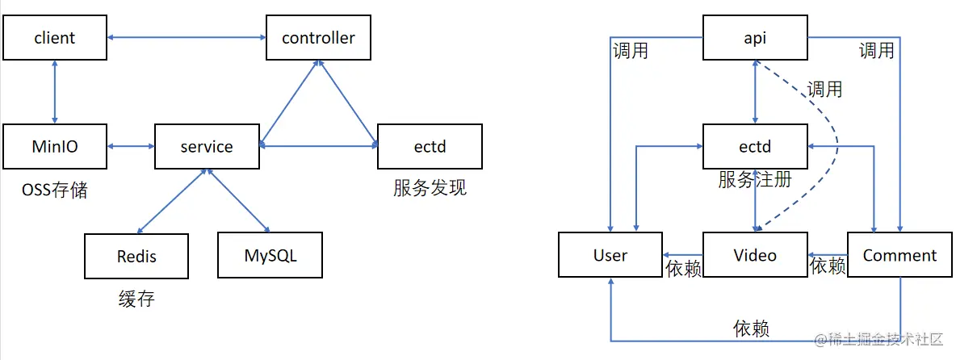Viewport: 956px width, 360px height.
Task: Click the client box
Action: [54, 37]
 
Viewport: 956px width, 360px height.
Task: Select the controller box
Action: [318, 37]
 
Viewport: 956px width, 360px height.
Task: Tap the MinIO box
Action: [54, 146]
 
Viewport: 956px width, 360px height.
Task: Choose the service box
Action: [206, 146]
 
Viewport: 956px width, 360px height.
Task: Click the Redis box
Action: [136, 256]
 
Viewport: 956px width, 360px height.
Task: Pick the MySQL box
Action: [270, 256]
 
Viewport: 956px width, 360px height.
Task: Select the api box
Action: [755, 37]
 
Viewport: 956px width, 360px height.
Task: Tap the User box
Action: [610, 255]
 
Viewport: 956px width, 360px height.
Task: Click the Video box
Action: [755, 255]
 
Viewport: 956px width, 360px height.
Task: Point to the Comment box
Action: [899, 255]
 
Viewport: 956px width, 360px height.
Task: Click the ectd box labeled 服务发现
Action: [430, 146]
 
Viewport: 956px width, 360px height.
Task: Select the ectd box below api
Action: [755, 146]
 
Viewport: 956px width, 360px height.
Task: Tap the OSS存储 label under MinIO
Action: [54, 191]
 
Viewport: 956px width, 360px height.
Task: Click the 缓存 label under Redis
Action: [136, 300]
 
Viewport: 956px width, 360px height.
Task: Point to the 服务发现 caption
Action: [430, 189]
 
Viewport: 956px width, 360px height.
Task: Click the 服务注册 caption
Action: [755, 180]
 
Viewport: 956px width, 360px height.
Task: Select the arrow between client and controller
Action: [187, 37]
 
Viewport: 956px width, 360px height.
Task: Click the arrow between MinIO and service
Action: [130, 146]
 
